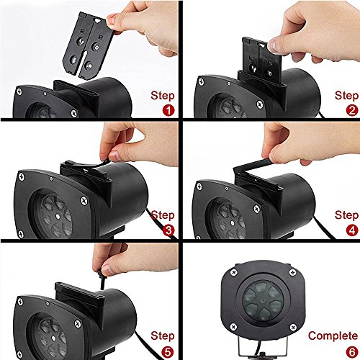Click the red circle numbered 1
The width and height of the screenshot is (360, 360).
(x=168, y=110)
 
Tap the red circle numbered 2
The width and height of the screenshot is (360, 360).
(x=352, y=110)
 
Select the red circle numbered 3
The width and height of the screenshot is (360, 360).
(x=168, y=230)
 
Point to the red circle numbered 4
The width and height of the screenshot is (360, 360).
(x=352, y=230)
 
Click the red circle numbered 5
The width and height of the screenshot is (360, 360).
(x=168, y=353)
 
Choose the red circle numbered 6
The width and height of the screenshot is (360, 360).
(x=352, y=353)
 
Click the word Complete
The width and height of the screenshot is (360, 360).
(x=333, y=336)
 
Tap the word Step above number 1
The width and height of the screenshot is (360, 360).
(x=163, y=96)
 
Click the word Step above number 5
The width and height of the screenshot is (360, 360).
(x=163, y=336)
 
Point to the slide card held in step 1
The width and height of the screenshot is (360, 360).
(x=88, y=45)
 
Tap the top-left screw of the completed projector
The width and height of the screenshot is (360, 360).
(x=233, y=272)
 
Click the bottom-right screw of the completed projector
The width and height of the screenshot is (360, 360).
(x=293, y=327)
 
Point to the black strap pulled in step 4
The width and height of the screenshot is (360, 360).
(x=253, y=165)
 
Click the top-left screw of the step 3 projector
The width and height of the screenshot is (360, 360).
(x=22, y=177)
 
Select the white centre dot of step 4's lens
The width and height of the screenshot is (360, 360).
(x=233, y=223)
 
